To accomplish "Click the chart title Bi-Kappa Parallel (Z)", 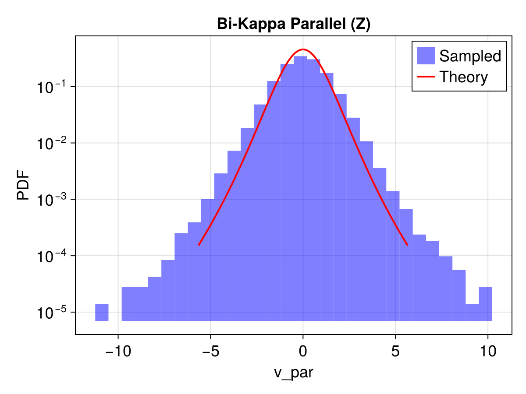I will coord(294,25).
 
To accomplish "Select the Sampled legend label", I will coord(470,56).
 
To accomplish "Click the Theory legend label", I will coord(463,77).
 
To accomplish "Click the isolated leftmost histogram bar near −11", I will coord(102,312).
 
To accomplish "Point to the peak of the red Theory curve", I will coord(303,49).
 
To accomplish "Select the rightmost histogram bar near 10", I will coord(485,304).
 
